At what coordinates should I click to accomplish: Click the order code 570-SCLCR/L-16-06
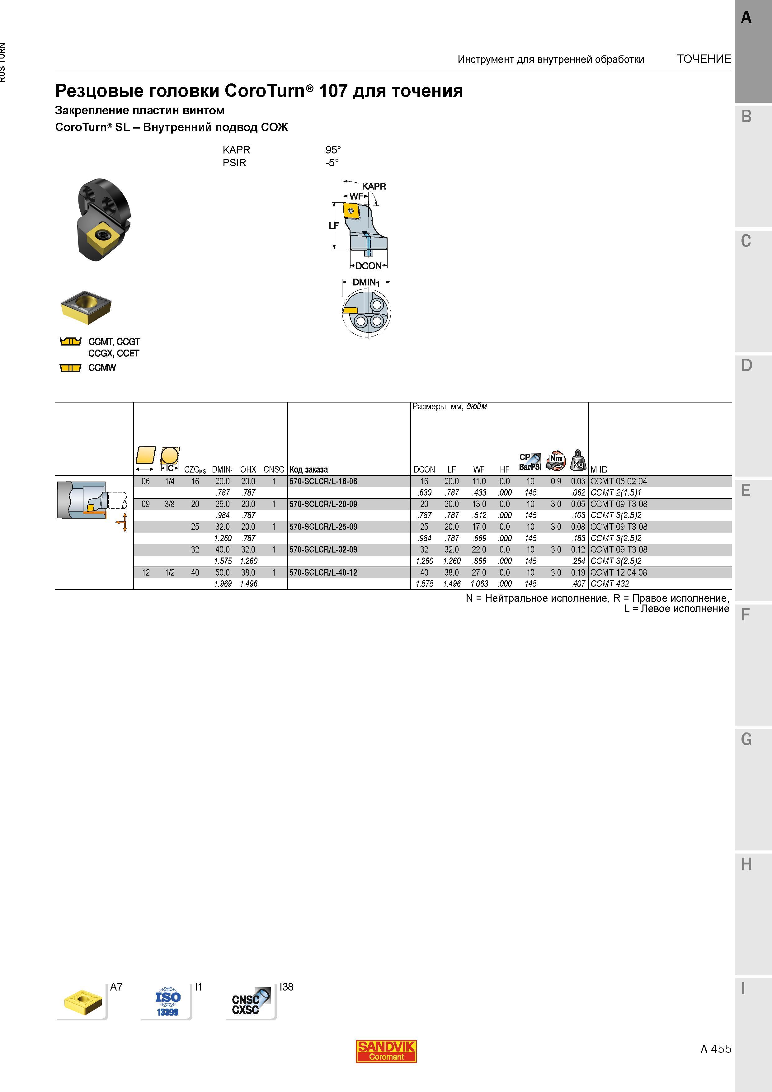323,481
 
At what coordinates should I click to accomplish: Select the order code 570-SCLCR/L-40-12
323,573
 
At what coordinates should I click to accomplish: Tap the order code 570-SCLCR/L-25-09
323,527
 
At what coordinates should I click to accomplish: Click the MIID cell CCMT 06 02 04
618,481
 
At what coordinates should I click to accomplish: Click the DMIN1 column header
222,469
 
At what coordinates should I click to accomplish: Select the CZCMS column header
195,469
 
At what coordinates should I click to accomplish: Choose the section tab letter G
746,739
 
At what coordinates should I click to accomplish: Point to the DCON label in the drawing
369,266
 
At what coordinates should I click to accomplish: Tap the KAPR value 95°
333,150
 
